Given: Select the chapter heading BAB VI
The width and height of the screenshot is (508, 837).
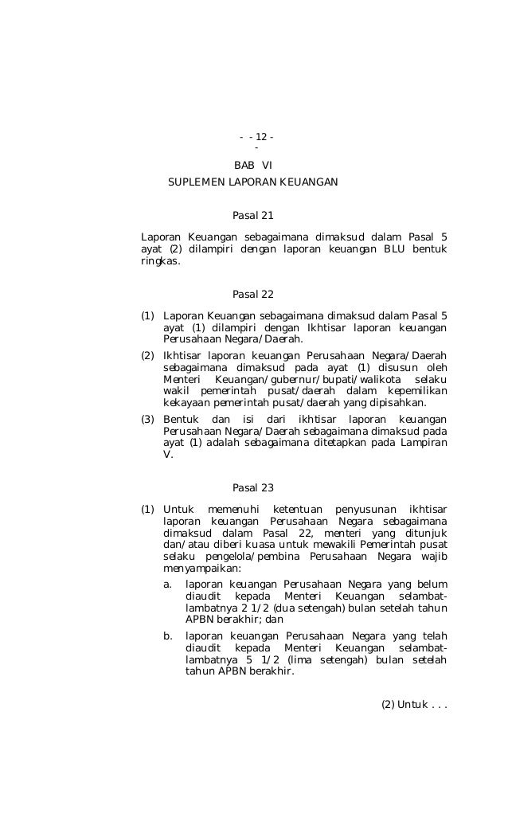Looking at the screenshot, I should coord(252,166).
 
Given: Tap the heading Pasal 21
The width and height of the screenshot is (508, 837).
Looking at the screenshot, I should coord(252,215).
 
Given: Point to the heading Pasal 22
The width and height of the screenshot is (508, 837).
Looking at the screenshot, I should coord(252,295).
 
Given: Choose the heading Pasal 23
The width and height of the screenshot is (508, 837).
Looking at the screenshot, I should coord(252,487).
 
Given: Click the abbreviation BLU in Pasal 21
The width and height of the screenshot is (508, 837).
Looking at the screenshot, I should coord(397,249).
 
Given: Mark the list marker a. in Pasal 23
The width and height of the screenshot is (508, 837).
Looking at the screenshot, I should coord(167,584).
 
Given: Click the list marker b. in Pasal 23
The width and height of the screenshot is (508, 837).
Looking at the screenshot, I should coord(167,636).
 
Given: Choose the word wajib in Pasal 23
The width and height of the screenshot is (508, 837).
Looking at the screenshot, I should coord(433,557).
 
